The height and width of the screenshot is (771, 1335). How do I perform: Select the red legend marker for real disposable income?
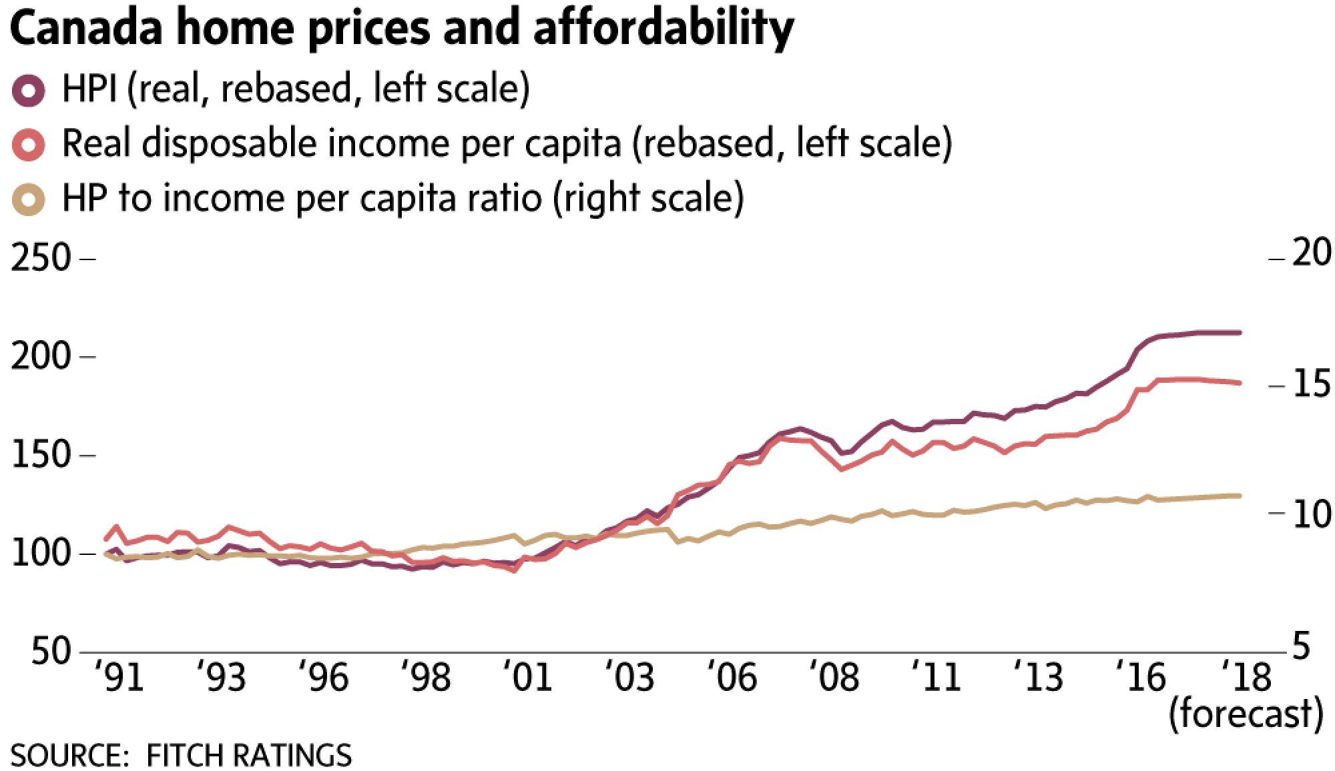29,144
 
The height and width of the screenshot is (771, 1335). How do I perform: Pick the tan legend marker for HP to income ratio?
29,198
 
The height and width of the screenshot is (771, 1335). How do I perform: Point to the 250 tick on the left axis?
41,258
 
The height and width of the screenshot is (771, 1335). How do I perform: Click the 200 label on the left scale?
41,357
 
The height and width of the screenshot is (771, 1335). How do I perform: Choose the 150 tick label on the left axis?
41,456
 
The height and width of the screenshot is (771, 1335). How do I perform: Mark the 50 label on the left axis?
51,652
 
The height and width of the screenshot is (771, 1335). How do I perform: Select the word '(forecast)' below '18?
1246,714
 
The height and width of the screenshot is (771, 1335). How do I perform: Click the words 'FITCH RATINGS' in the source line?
248,756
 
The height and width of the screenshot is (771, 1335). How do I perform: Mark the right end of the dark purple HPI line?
1240,332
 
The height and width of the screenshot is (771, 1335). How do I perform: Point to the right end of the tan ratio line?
1240,496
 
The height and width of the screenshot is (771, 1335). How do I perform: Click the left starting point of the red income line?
105,539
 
